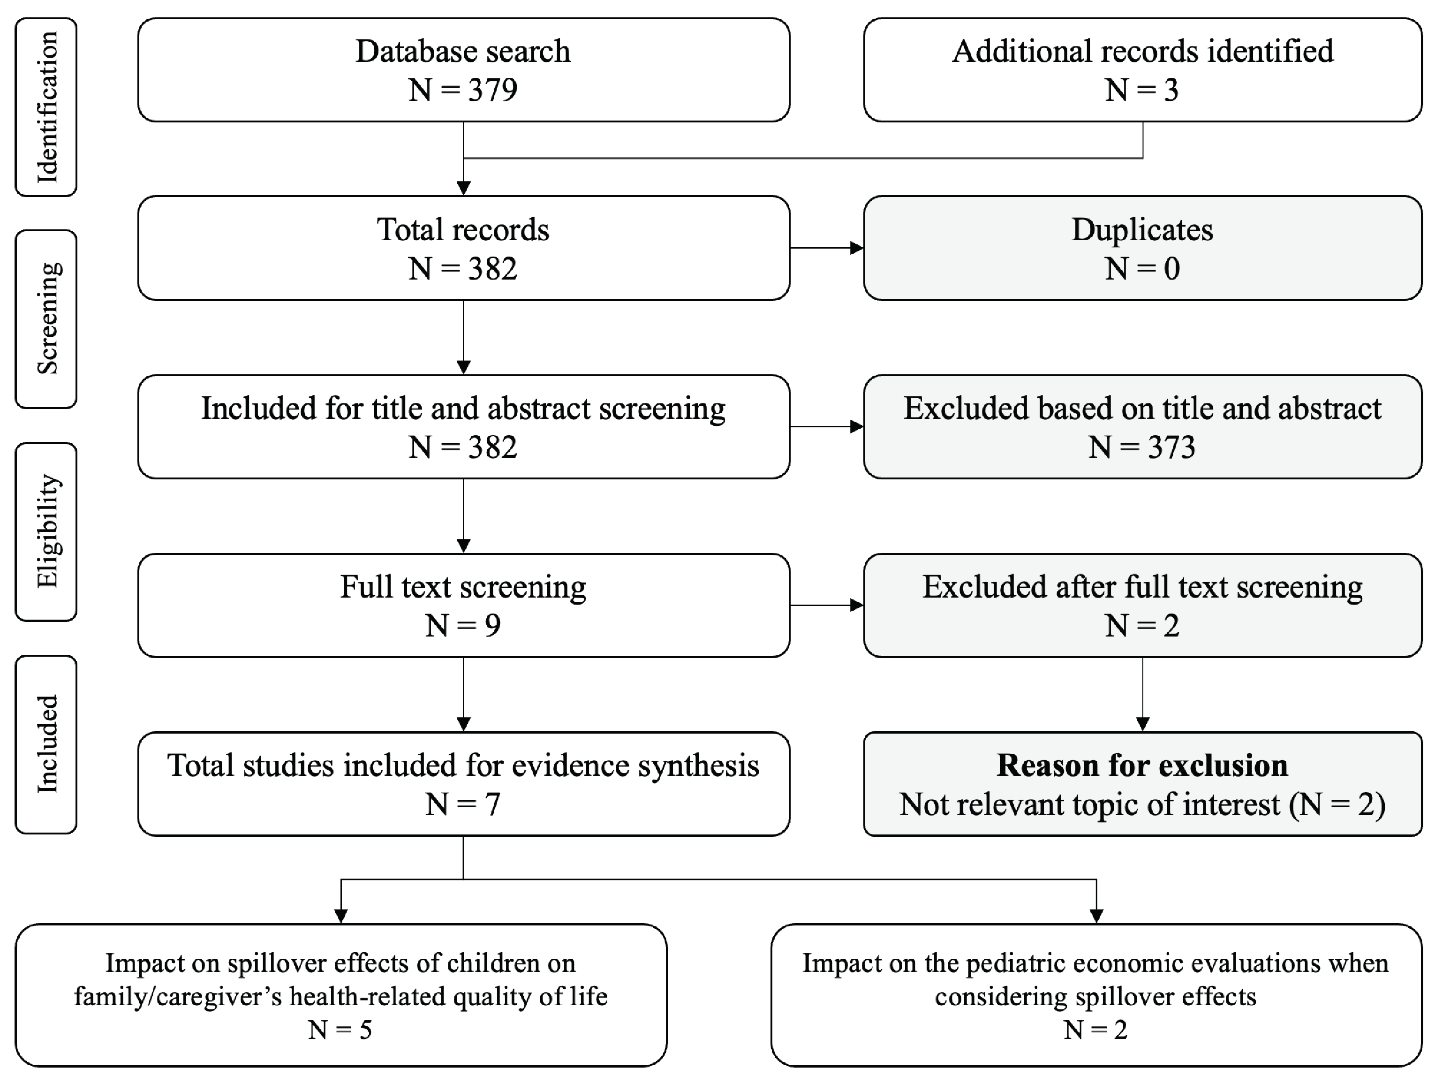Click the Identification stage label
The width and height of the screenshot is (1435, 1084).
46,107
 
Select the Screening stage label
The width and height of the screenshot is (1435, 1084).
46,318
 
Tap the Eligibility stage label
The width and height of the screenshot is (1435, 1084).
46,531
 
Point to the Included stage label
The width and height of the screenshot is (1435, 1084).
46,744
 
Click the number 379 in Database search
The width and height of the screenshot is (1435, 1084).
492,90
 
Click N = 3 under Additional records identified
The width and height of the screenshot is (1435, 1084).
1142,90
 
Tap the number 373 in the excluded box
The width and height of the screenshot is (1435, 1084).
1171,447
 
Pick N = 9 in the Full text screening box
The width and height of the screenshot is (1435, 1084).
463,625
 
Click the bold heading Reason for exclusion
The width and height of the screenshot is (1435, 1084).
1142,766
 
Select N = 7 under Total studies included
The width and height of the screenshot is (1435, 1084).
463,804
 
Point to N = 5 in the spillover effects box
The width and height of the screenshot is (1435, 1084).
340,1030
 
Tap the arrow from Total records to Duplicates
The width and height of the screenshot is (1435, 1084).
827,248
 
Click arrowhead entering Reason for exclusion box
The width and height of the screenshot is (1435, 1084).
1142,724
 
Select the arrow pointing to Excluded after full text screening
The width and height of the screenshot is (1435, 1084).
827,605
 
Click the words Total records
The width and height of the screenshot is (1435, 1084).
463,230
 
